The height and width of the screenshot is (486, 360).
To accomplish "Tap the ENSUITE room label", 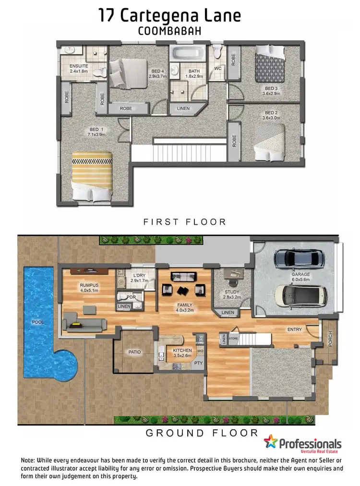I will tap(79, 66).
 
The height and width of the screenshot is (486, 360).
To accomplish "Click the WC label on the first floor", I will tap(217, 68).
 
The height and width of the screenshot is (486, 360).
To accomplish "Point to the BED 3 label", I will tap(271, 88).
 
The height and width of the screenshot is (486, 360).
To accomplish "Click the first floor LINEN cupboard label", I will tap(183, 109).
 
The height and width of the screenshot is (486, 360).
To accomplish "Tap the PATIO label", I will tap(134, 352).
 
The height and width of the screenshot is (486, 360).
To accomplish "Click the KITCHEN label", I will tap(182, 351).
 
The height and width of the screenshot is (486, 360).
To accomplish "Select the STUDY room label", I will tap(232, 292).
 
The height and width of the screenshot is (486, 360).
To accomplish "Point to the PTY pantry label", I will tap(198, 364).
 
